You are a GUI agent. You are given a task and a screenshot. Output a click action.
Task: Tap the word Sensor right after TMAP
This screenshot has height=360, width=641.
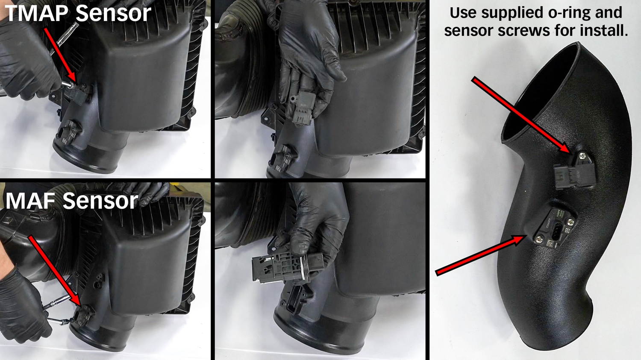click(x=113, y=13)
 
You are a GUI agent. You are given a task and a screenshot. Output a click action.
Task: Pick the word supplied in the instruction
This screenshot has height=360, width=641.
click(x=503, y=13)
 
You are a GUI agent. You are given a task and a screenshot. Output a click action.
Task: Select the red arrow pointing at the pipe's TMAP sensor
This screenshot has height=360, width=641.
click(x=522, y=115)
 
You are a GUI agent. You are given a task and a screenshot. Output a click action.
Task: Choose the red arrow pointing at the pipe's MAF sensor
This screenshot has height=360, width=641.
click(x=481, y=255)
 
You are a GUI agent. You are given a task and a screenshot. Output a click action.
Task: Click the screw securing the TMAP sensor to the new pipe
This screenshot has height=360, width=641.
click(x=582, y=156)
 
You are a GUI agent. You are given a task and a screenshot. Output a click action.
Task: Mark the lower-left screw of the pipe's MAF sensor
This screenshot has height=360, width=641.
click(x=539, y=238)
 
